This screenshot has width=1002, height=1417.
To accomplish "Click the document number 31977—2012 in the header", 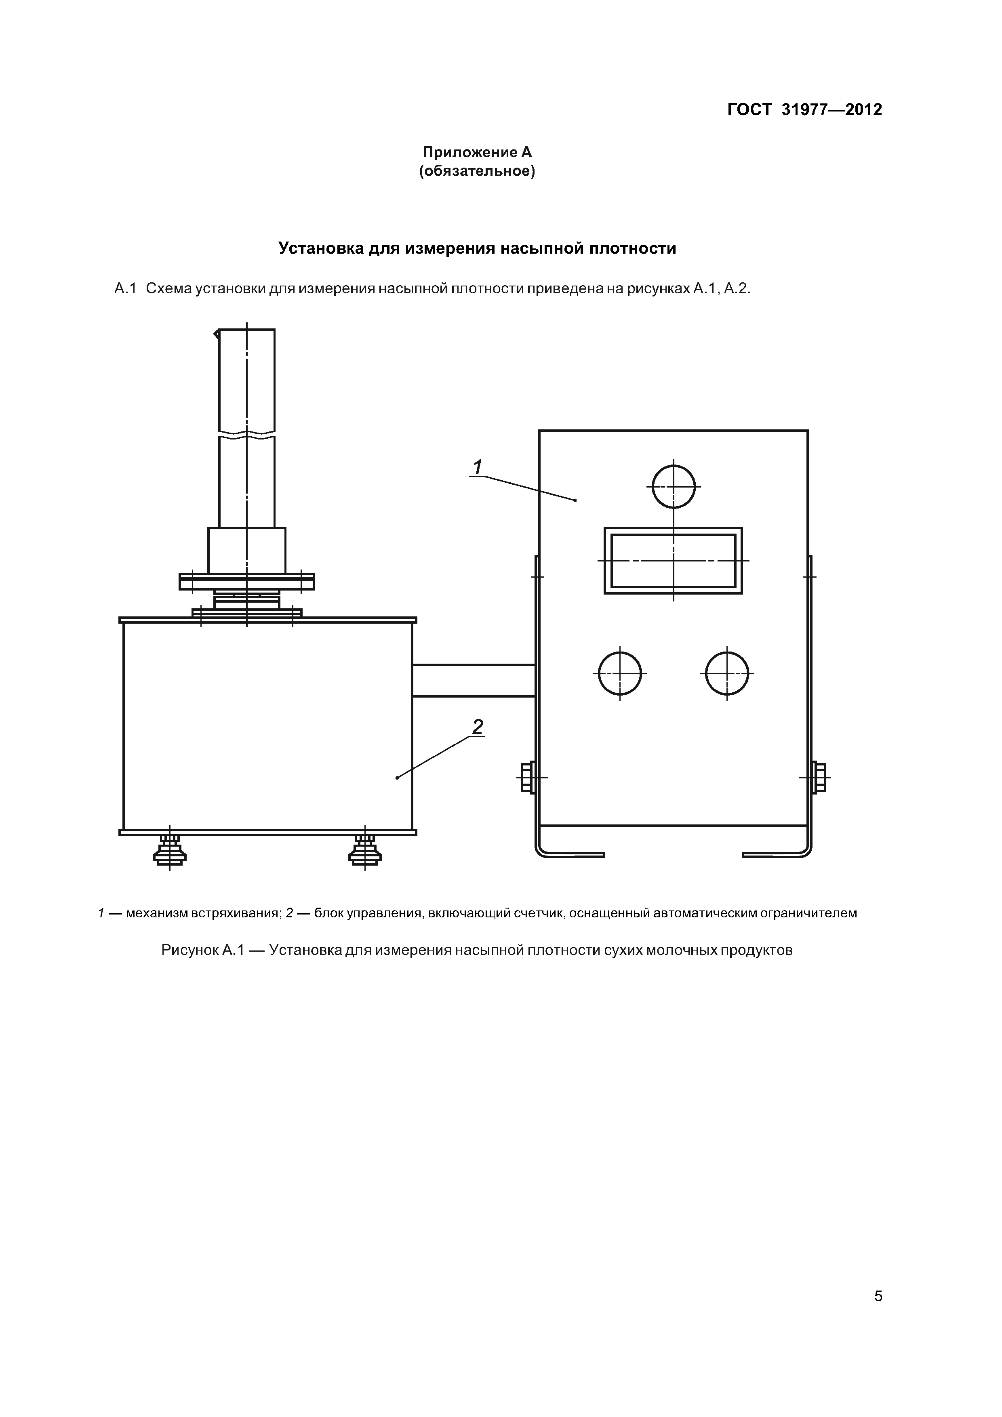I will pyautogui.click(x=831, y=110).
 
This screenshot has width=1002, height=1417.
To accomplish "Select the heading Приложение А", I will pyautogui.click(x=477, y=152).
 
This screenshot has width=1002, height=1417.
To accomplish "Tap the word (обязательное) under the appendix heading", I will pyautogui.click(x=477, y=171).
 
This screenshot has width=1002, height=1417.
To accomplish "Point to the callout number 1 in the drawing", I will pyautogui.click(x=477, y=467).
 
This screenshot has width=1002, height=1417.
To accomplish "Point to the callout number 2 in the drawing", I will pyautogui.click(x=477, y=727).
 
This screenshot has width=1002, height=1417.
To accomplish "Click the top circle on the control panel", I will pyautogui.click(x=674, y=486).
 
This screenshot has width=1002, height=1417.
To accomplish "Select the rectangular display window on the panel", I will pyautogui.click(x=673, y=560).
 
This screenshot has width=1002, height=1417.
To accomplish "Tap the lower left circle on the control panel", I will pyautogui.click(x=620, y=673).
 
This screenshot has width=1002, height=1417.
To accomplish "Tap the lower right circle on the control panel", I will pyautogui.click(x=727, y=673).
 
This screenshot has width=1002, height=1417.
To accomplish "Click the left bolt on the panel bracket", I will pyautogui.click(x=526, y=777).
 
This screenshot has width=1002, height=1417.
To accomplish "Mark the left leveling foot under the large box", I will pyautogui.click(x=170, y=851).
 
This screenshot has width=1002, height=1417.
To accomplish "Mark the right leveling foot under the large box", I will pyautogui.click(x=365, y=851).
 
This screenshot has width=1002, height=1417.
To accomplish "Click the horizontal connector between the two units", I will pyautogui.click(x=474, y=680).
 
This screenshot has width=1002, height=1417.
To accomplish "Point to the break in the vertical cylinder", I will pyautogui.click(x=247, y=434).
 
